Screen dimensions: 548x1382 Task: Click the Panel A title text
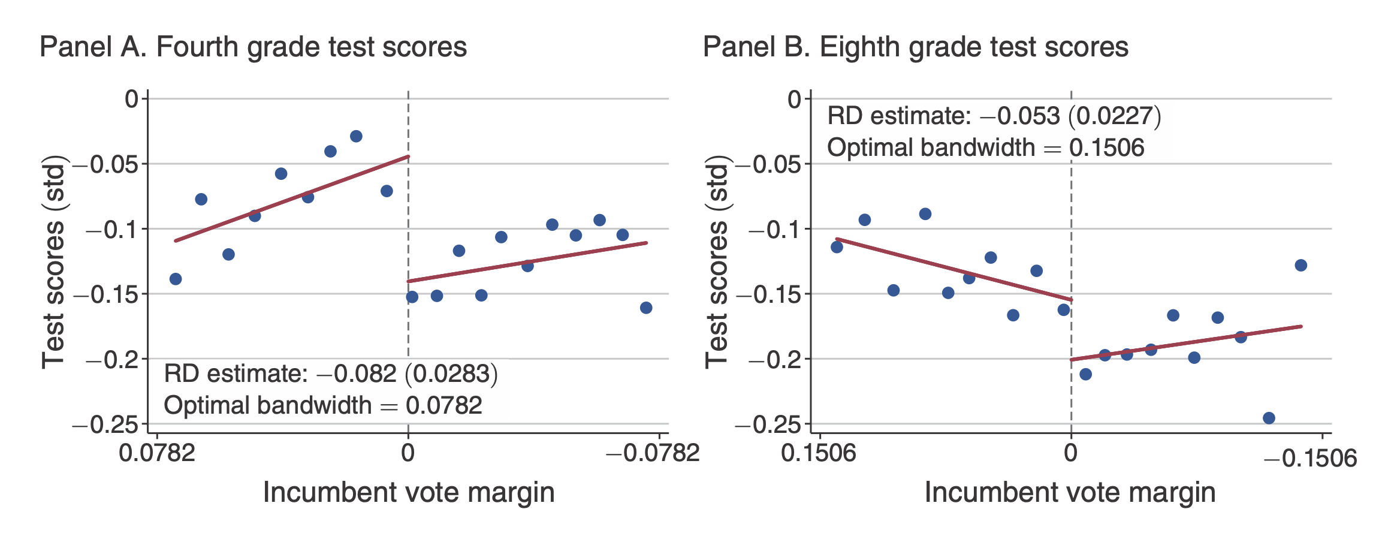(253, 47)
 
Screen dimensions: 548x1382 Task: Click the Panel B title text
(915, 47)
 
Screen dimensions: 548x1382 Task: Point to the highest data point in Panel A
(356, 136)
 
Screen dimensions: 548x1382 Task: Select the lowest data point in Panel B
(1269, 418)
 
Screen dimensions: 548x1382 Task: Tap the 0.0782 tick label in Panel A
(157, 452)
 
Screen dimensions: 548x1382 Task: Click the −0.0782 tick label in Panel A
(653, 452)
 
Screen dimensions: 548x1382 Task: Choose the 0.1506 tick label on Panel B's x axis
(819, 452)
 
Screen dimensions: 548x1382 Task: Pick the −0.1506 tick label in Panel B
(1310, 459)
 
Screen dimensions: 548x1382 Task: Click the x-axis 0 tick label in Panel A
(408, 452)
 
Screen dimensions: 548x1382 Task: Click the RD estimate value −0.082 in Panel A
(357, 374)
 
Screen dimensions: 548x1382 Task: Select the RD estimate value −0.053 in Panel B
(1020, 116)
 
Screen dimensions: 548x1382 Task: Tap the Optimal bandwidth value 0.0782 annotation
(444, 405)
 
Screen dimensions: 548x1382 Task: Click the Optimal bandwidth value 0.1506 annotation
(1107, 147)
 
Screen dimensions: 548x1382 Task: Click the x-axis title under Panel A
(409, 492)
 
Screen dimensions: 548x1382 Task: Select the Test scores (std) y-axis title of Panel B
(717, 261)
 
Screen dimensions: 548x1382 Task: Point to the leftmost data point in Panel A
(176, 279)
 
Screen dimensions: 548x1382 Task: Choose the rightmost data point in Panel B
(1300, 265)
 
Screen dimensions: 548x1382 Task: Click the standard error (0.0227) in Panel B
(1115, 116)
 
